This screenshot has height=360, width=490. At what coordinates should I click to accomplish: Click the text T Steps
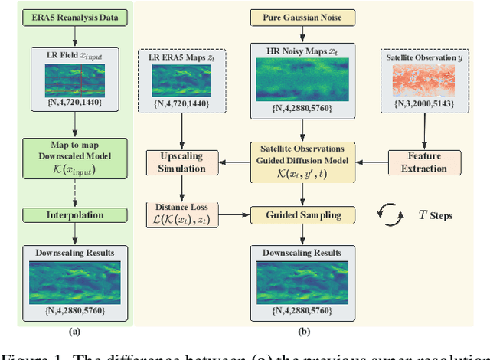(x=433, y=216)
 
